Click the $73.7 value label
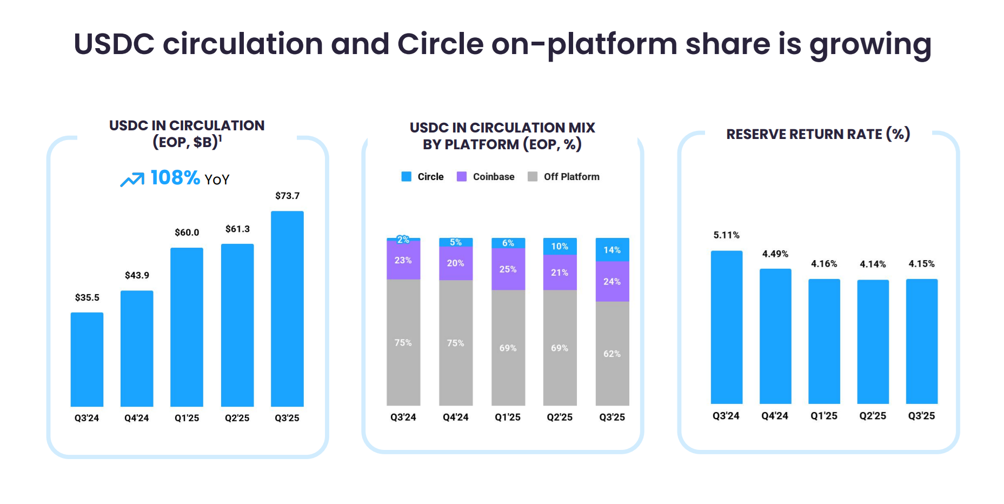tap(287, 196)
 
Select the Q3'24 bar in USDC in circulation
tap(87, 360)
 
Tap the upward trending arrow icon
tap(132, 180)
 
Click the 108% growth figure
tap(175, 178)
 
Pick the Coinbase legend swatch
tap(462, 177)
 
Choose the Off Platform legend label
tap(571, 177)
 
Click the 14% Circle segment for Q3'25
tap(612, 250)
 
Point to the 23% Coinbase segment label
tap(403, 260)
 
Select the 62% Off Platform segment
tap(612, 354)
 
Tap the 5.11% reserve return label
tap(726, 235)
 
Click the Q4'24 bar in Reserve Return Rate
tap(775, 336)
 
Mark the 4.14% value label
tap(873, 264)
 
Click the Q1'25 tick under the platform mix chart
tap(508, 417)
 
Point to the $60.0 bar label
tap(187, 233)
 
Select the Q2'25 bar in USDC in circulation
tap(237, 325)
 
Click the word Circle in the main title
tap(440, 44)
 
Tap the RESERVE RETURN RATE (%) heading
tap(818, 134)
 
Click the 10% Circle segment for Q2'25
tap(560, 247)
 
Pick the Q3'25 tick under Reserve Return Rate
tap(921, 416)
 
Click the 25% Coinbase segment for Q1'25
tap(508, 269)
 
